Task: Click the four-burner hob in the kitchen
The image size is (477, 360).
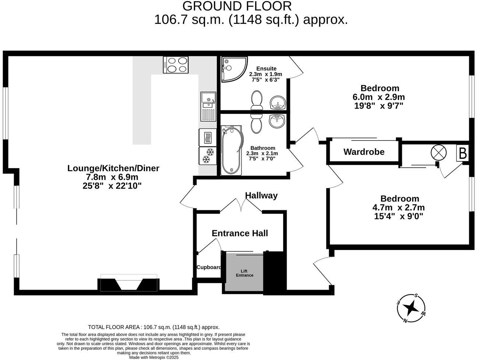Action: pos(176,65)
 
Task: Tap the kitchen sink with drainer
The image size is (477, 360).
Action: pos(208,107)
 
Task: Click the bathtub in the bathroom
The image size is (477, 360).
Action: pos(232,151)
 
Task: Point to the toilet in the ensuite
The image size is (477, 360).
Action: pos(257,100)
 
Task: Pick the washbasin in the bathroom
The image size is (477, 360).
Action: pos(276,121)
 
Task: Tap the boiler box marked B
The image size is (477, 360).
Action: pos(463,153)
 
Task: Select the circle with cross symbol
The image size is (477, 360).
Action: pos(438,153)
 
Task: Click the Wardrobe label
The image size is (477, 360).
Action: pos(364,152)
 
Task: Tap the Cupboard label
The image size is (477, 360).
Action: pos(209,267)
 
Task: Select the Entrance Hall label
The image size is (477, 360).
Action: pos(240,233)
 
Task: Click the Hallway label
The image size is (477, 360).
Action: pos(261,195)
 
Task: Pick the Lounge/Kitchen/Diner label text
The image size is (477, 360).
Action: pos(113,168)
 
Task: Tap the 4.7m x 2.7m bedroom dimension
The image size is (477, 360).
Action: pos(399,207)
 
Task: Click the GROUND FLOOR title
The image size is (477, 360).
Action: pos(237,6)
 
